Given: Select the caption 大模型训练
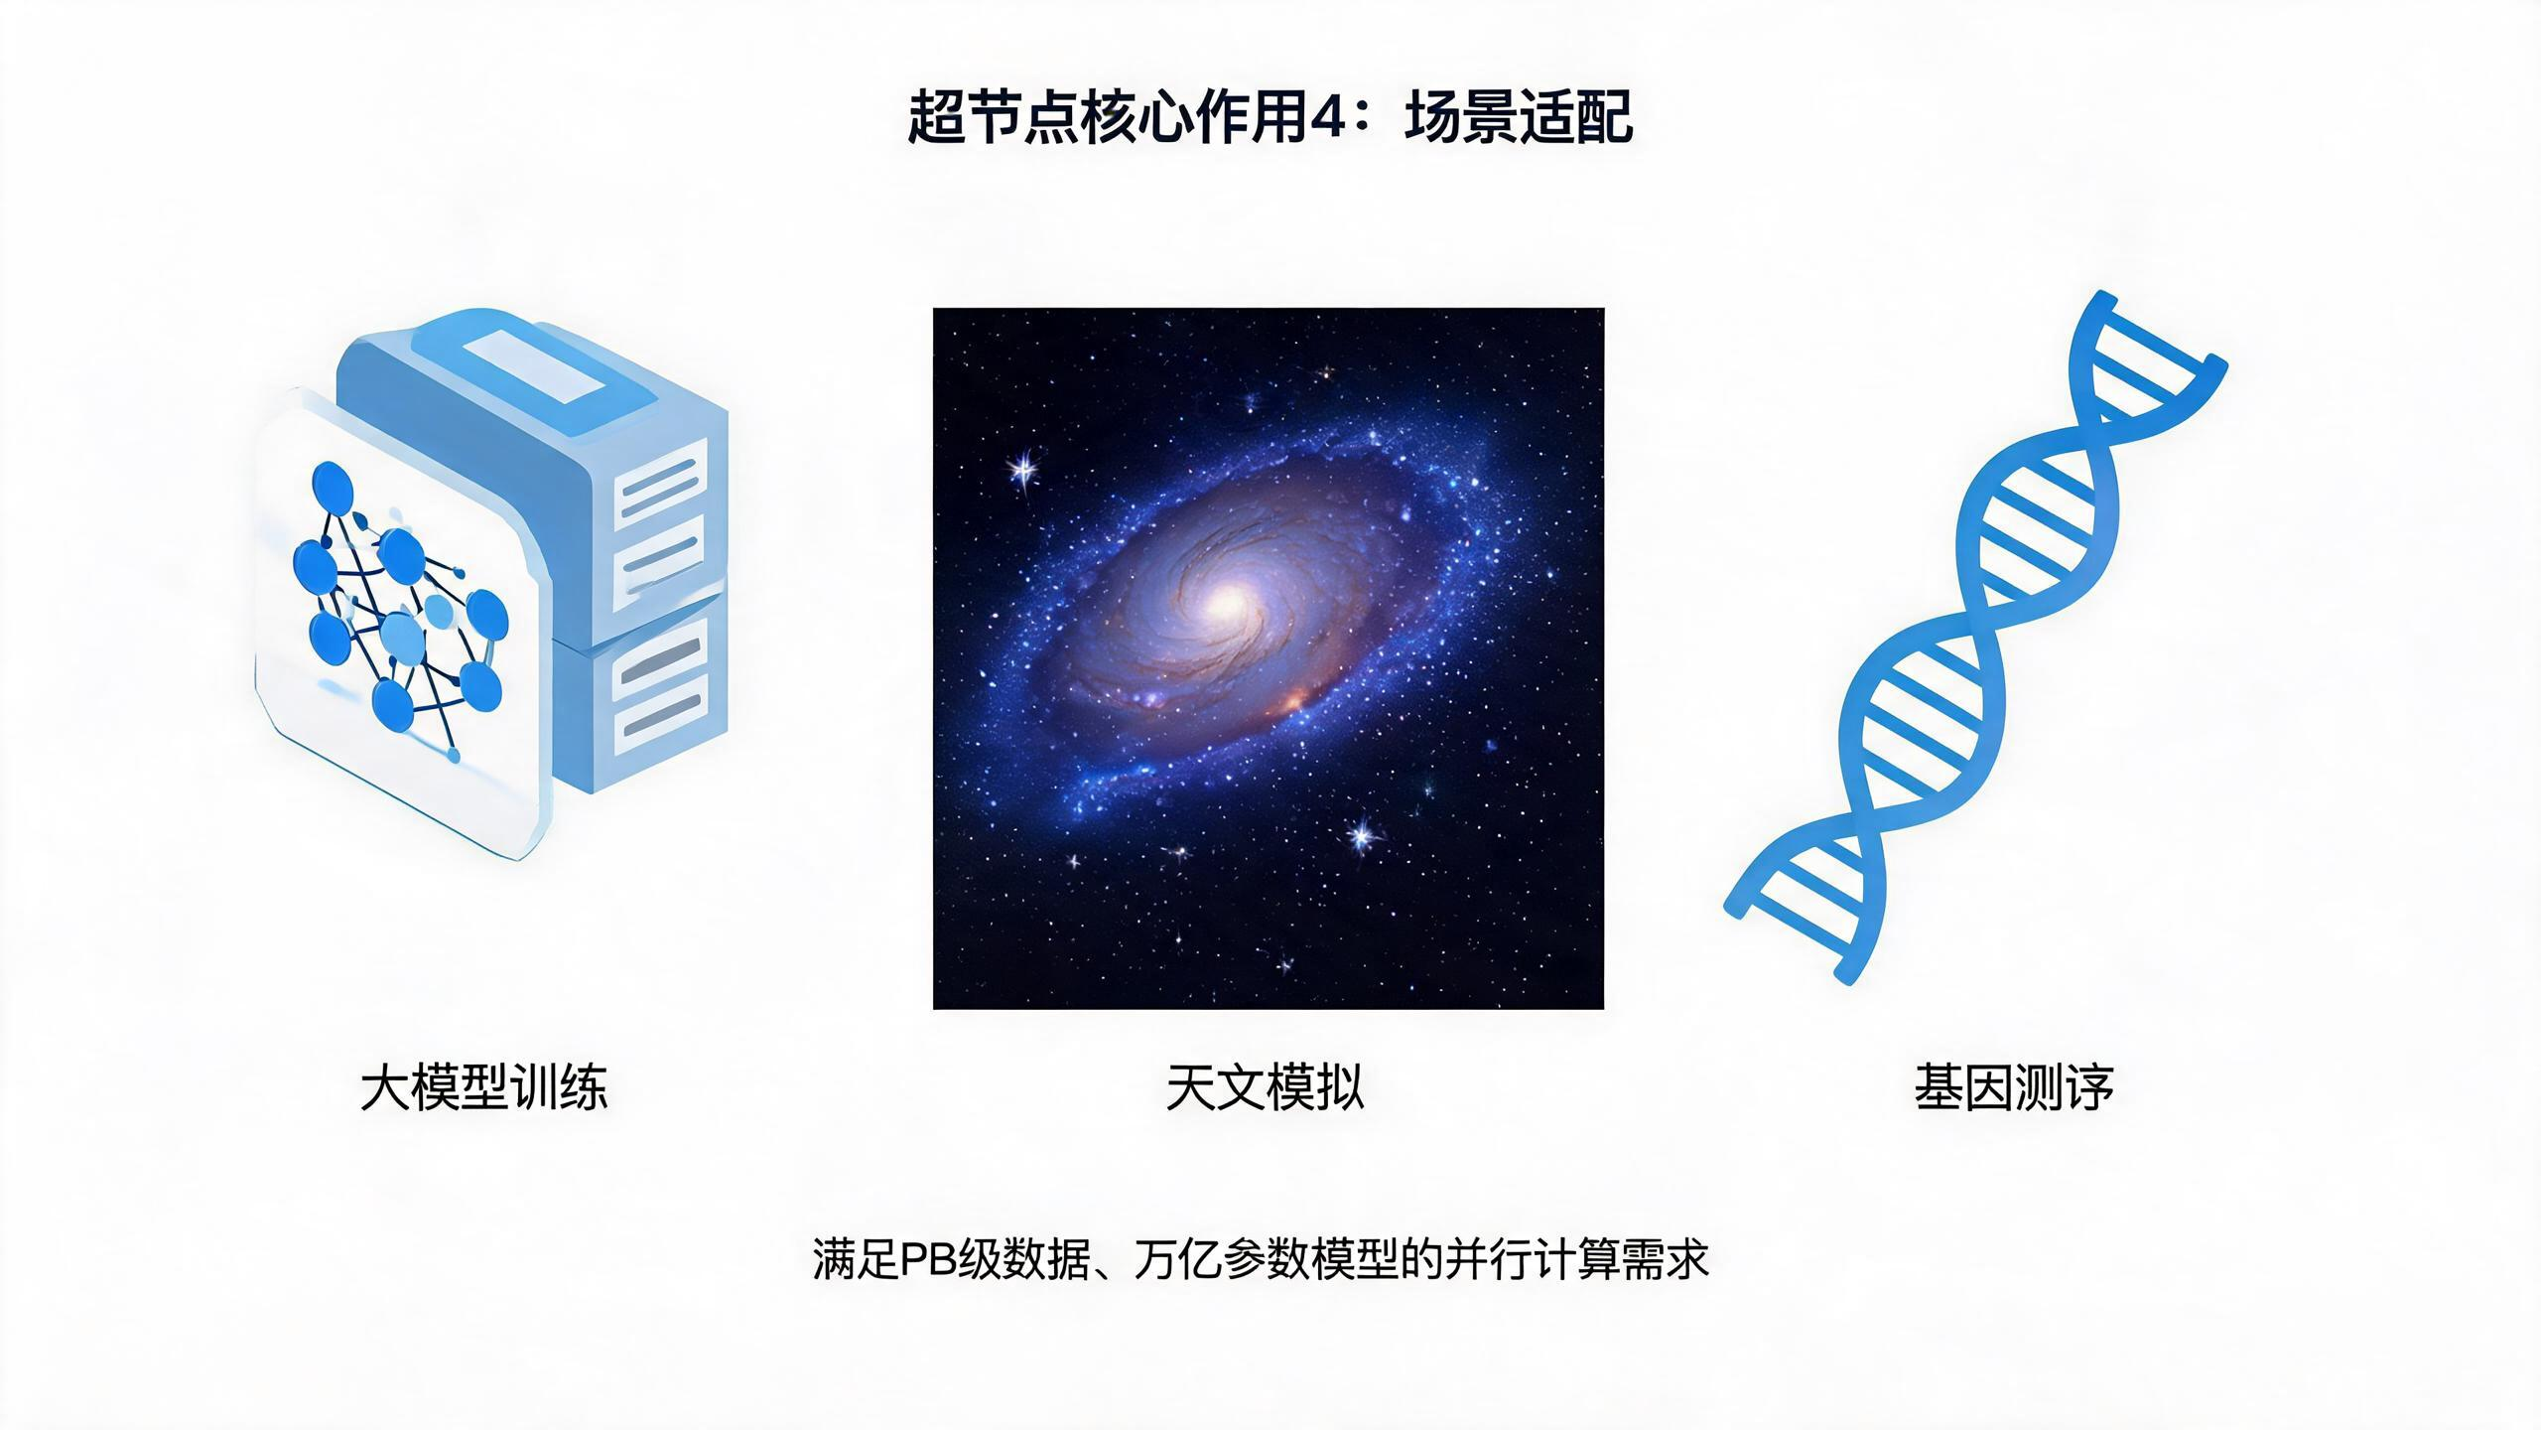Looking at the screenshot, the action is pos(483,1086).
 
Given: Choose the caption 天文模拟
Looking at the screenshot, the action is pos(1266,1086).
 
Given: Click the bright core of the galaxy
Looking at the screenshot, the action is pos(1228,599).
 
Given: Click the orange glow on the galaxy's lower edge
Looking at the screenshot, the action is pos(1293,703).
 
